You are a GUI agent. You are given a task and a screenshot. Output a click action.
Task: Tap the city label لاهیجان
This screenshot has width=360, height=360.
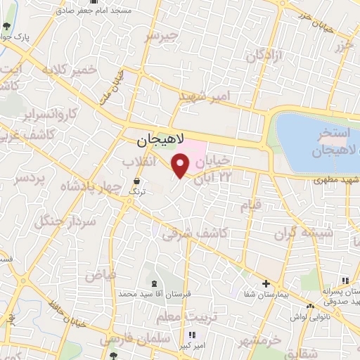159,141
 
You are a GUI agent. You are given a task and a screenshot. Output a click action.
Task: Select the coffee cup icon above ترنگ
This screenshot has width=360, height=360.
136,180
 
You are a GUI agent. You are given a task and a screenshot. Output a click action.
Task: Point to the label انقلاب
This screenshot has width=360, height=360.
139,161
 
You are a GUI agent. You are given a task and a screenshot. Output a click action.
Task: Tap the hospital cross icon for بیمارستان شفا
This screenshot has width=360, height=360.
265,284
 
